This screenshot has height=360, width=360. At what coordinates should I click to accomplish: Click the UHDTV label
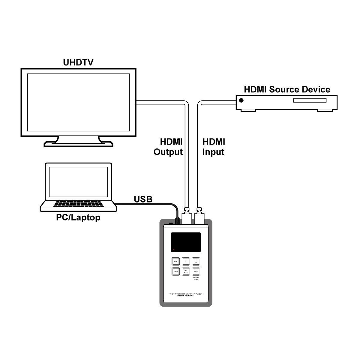coord(78,62)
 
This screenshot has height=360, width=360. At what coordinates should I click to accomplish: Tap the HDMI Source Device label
coord(287,89)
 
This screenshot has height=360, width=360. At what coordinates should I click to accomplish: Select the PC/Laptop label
coord(78,217)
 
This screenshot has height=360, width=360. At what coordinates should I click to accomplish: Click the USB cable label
coord(143,199)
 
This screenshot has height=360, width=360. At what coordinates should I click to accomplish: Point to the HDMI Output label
coord(168,147)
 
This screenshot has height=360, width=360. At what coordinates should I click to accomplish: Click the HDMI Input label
coord(214,147)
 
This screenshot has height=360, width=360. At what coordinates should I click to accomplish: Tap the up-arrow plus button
coord(196,261)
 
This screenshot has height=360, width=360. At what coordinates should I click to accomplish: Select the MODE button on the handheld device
coord(186,271)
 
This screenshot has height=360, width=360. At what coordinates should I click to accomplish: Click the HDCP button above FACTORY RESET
coord(196,271)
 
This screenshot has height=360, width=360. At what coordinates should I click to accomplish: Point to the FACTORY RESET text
coord(196,279)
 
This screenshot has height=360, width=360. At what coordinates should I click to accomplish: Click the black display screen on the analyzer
coord(186,242)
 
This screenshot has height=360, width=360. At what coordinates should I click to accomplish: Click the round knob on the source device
coord(241,100)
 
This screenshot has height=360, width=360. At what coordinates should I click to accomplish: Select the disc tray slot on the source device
coord(309,100)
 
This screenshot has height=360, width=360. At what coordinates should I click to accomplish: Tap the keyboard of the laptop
coord(79,204)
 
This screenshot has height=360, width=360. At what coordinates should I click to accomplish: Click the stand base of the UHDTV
coord(79,144)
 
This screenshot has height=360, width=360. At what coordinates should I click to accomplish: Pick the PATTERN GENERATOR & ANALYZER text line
coord(186,293)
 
